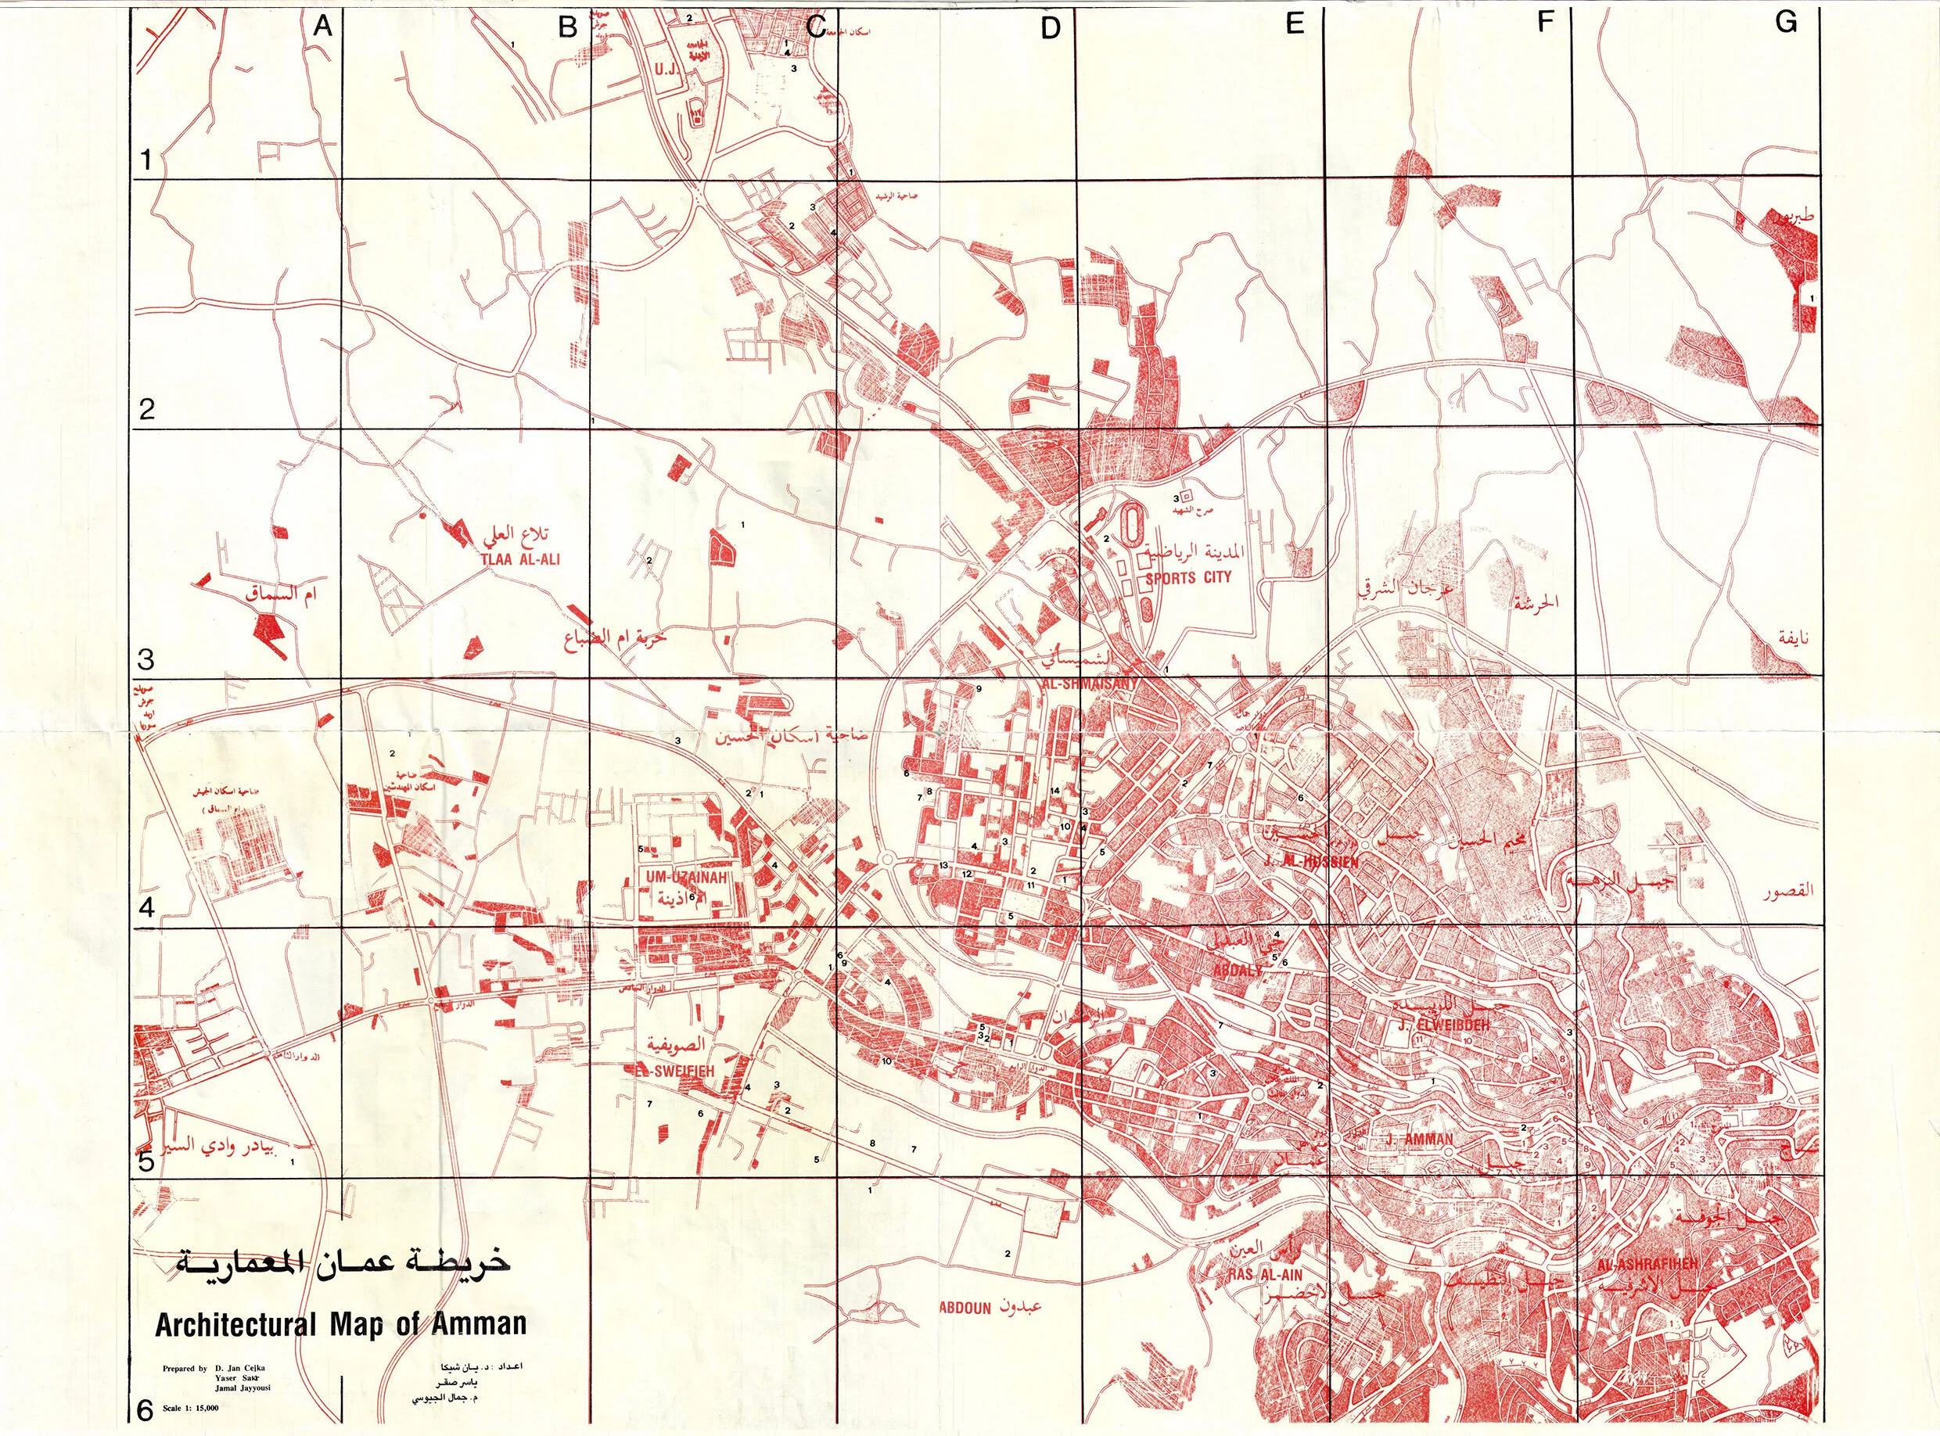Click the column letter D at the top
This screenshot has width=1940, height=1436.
click(x=1050, y=29)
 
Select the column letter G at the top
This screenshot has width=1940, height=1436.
click(x=1786, y=23)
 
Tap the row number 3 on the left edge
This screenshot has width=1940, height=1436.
click(x=146, y=659)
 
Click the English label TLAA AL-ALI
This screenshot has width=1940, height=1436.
click(x=519, y=560)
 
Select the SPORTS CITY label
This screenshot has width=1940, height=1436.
click(x=1188, y=577)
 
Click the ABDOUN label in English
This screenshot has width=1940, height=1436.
click(x=965, y=1309)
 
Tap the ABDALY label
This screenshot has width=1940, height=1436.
click(x=1237, y=971)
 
